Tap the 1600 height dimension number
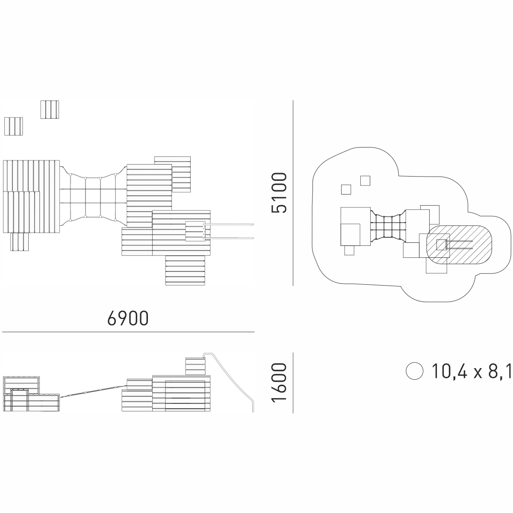click(x=279, y=383)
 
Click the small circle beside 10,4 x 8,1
click(x=414, y=371)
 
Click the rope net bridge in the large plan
click(x=93, y=197)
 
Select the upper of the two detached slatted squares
click(x=50, y=109)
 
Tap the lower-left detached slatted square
click(x=13, y=125)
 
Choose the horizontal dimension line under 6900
click(x=128, y=332)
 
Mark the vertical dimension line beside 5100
click(x=293, y=192)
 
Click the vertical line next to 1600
click(x=293, y=383)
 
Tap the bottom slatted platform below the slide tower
click(x=186, y=270)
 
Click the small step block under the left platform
click(x=20, y=242)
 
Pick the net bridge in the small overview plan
click(x=387, y=227)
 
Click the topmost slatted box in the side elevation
click(x=195, y=366)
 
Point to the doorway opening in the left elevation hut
click(x=20, y=401)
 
